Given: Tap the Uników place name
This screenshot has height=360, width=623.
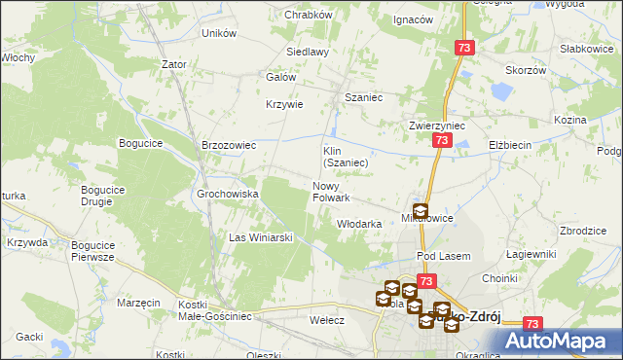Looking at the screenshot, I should (219, 33).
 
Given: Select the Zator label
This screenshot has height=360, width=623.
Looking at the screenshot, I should (174, 64).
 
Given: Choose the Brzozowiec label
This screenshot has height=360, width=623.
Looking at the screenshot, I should (228, 145).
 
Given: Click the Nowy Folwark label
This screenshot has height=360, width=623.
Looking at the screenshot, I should (331, 192).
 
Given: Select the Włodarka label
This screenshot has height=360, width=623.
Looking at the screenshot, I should (358, 224).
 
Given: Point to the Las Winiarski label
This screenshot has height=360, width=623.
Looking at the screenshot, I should (261, 236).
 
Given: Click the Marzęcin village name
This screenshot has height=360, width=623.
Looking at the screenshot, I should (138, 303).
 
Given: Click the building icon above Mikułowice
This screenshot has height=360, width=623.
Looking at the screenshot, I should (420, 209).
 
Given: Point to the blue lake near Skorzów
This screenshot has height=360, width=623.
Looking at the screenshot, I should (501, 92).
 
